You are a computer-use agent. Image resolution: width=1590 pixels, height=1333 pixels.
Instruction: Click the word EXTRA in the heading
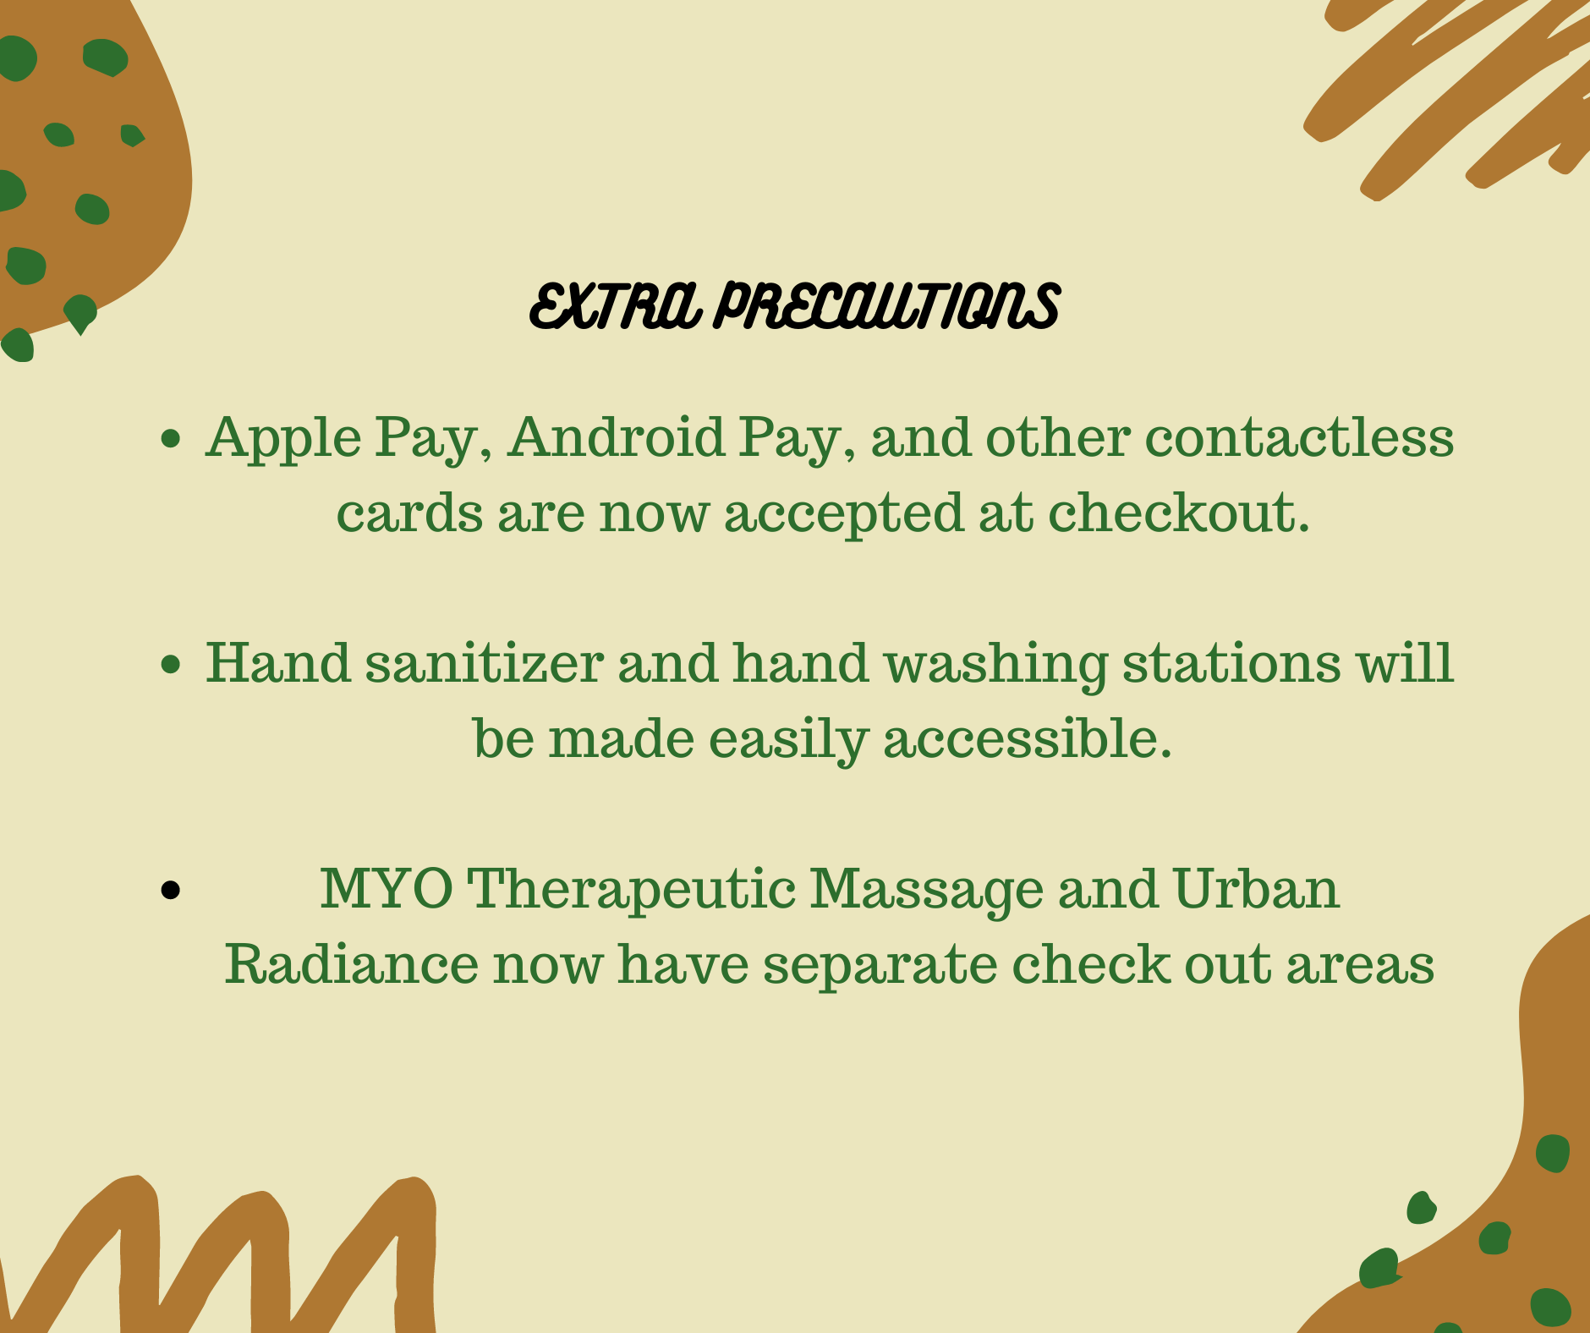[x=616, y=305]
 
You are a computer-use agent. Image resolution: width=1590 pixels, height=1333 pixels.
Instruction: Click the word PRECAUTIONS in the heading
[x=886, y=305]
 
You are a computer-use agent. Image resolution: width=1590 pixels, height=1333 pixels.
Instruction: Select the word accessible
[x=1028, y=738]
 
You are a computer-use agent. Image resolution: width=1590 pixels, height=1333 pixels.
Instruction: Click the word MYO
[x=387, y=889]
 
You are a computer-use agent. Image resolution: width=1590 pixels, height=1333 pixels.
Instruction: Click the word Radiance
[x=351, y=963]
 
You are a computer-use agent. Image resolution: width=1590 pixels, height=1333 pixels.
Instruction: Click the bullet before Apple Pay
[x=171, y=438]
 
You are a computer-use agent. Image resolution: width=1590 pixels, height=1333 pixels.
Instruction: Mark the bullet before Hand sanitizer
[x=171, y=664]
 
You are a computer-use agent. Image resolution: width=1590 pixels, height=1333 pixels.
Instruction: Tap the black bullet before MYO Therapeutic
[x=171, y=890]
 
